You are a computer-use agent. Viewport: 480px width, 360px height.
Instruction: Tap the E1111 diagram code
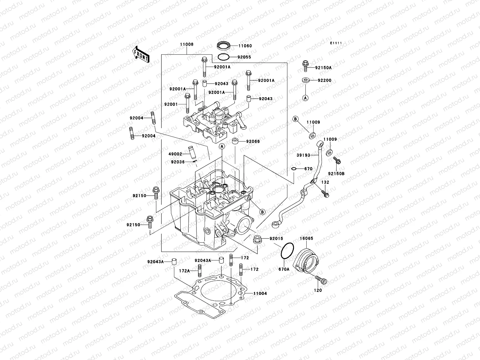[336, 43]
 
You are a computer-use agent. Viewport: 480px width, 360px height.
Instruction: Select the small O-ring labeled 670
[294, 169]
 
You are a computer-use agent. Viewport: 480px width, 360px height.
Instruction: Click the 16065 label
[306, 238]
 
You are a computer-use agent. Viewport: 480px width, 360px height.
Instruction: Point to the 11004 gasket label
[260, 293]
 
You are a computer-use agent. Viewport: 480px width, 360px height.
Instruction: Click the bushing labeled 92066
[235, 141]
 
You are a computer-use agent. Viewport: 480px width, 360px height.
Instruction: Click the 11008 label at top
[187, 44]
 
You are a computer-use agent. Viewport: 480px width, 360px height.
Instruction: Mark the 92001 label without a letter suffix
[171, 104]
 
